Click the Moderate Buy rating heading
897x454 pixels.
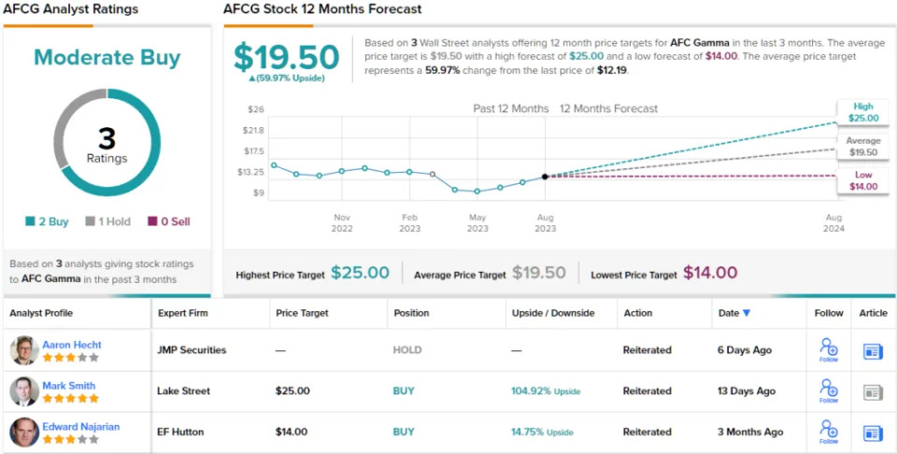pos(107,58)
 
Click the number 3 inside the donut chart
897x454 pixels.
pos(107,138)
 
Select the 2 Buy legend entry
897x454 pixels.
pos(48,221)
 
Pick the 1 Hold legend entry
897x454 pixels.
pos(107,221)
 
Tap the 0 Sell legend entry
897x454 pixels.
pos(169,221)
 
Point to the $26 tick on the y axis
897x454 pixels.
pos(255,109)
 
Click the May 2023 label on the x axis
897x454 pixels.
pos(477,222)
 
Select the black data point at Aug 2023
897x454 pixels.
pos(545,176)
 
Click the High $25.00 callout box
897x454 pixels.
pos(862,112)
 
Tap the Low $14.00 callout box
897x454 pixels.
pos(862,180)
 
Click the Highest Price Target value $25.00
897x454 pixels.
pos(360,273)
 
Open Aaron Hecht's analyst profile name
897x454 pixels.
pos(72,345)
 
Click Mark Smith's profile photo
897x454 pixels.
pos(24,390)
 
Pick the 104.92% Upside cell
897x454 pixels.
pos(545,391)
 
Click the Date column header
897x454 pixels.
pos(733,313)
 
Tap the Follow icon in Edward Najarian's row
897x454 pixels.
pos(828,432)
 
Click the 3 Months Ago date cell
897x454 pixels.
pos(750,433)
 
